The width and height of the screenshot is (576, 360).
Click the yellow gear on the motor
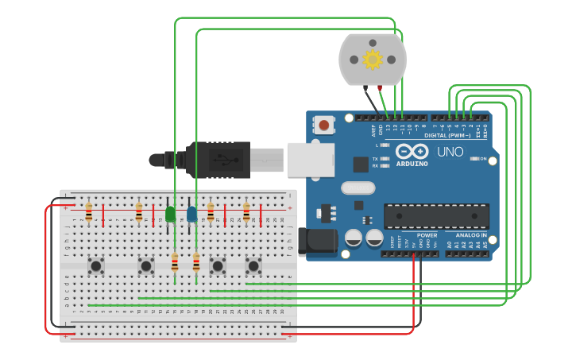pyautogui.click(x=372, y=60)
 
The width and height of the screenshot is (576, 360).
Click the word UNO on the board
pyautogui.click(x=450, y=152)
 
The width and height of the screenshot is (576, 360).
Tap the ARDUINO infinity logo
pyautogui.click(x=412, y=151)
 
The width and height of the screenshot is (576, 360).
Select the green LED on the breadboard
pyautogui.click(x=170, y=214)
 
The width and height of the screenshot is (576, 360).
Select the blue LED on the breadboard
pyautogui.click(x=191, y=214)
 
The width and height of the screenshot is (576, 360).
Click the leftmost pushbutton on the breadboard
pyautogui.click(x=96, y=265)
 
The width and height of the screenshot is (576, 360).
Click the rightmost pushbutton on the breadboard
pyautogui.click(x=253, y=265)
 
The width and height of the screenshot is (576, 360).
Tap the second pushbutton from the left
pyautogui.click(x=145, y=265)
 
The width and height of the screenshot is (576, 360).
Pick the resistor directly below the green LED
pyautogui.click(x=175, y=263)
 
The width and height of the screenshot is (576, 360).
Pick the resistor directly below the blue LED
pyautogui.click(x=196, y=263)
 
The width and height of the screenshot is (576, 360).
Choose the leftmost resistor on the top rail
pyautogui.click(x=88, y=212)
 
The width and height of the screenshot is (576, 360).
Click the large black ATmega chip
pyautogui.click(x=436, y=216)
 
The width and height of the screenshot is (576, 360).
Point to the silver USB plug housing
pyautogui.click(x=310, y=160)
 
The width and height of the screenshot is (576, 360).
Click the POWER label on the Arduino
pyautogui.click(x=427, y=235)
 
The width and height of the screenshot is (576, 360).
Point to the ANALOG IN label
pyautogui.click(x=471, y=235)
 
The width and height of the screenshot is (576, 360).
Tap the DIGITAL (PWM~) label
pyautogui.click(x=447, y=135)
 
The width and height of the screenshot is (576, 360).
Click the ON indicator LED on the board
pyautogui.click(x=474, y=159)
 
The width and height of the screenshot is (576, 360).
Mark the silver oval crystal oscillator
pyautogui.click(x=358, y=188)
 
